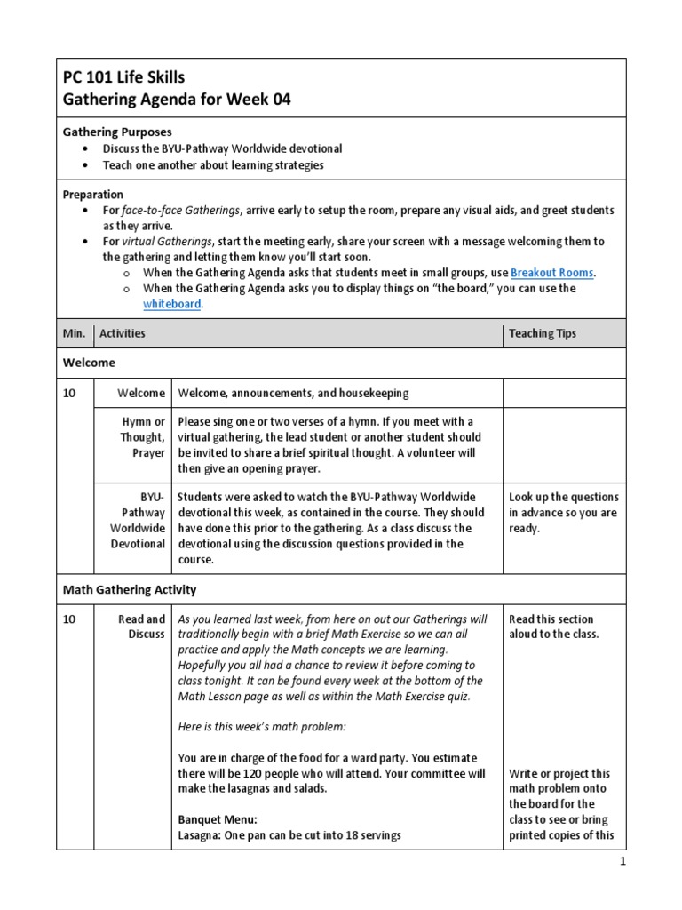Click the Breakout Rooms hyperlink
pyautogui.click(x=552, y=272)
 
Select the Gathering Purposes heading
pyautogui.click(x=116, y=132)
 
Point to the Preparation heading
pyautogui.click(x=92, y=194)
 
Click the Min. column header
pyautogui.click(x=74, y=333)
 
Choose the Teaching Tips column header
pyautogui.click(x=542, y=333)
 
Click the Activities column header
pyautogui.click(x=123, y=333)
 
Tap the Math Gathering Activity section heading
pyautogui.click(x=130, y=589)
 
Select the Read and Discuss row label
pyautogui.click(x=142, y=627)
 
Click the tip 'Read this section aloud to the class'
pyautogui.click(x=552, y=627)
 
